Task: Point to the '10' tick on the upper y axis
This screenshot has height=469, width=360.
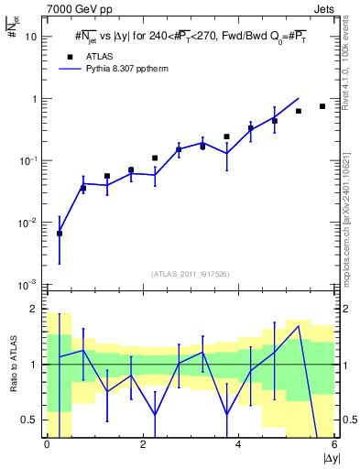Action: click(32, 37)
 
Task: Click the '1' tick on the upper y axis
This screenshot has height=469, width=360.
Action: click(35, 99)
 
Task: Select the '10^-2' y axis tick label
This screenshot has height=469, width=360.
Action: click(29, 223)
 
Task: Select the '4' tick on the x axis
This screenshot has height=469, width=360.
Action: click(238, 444)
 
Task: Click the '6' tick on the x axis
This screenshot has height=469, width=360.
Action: click(334, 444)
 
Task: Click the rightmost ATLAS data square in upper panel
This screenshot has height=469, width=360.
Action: click(322, 106)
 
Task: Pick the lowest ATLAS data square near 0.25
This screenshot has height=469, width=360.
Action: click(60, 234)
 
